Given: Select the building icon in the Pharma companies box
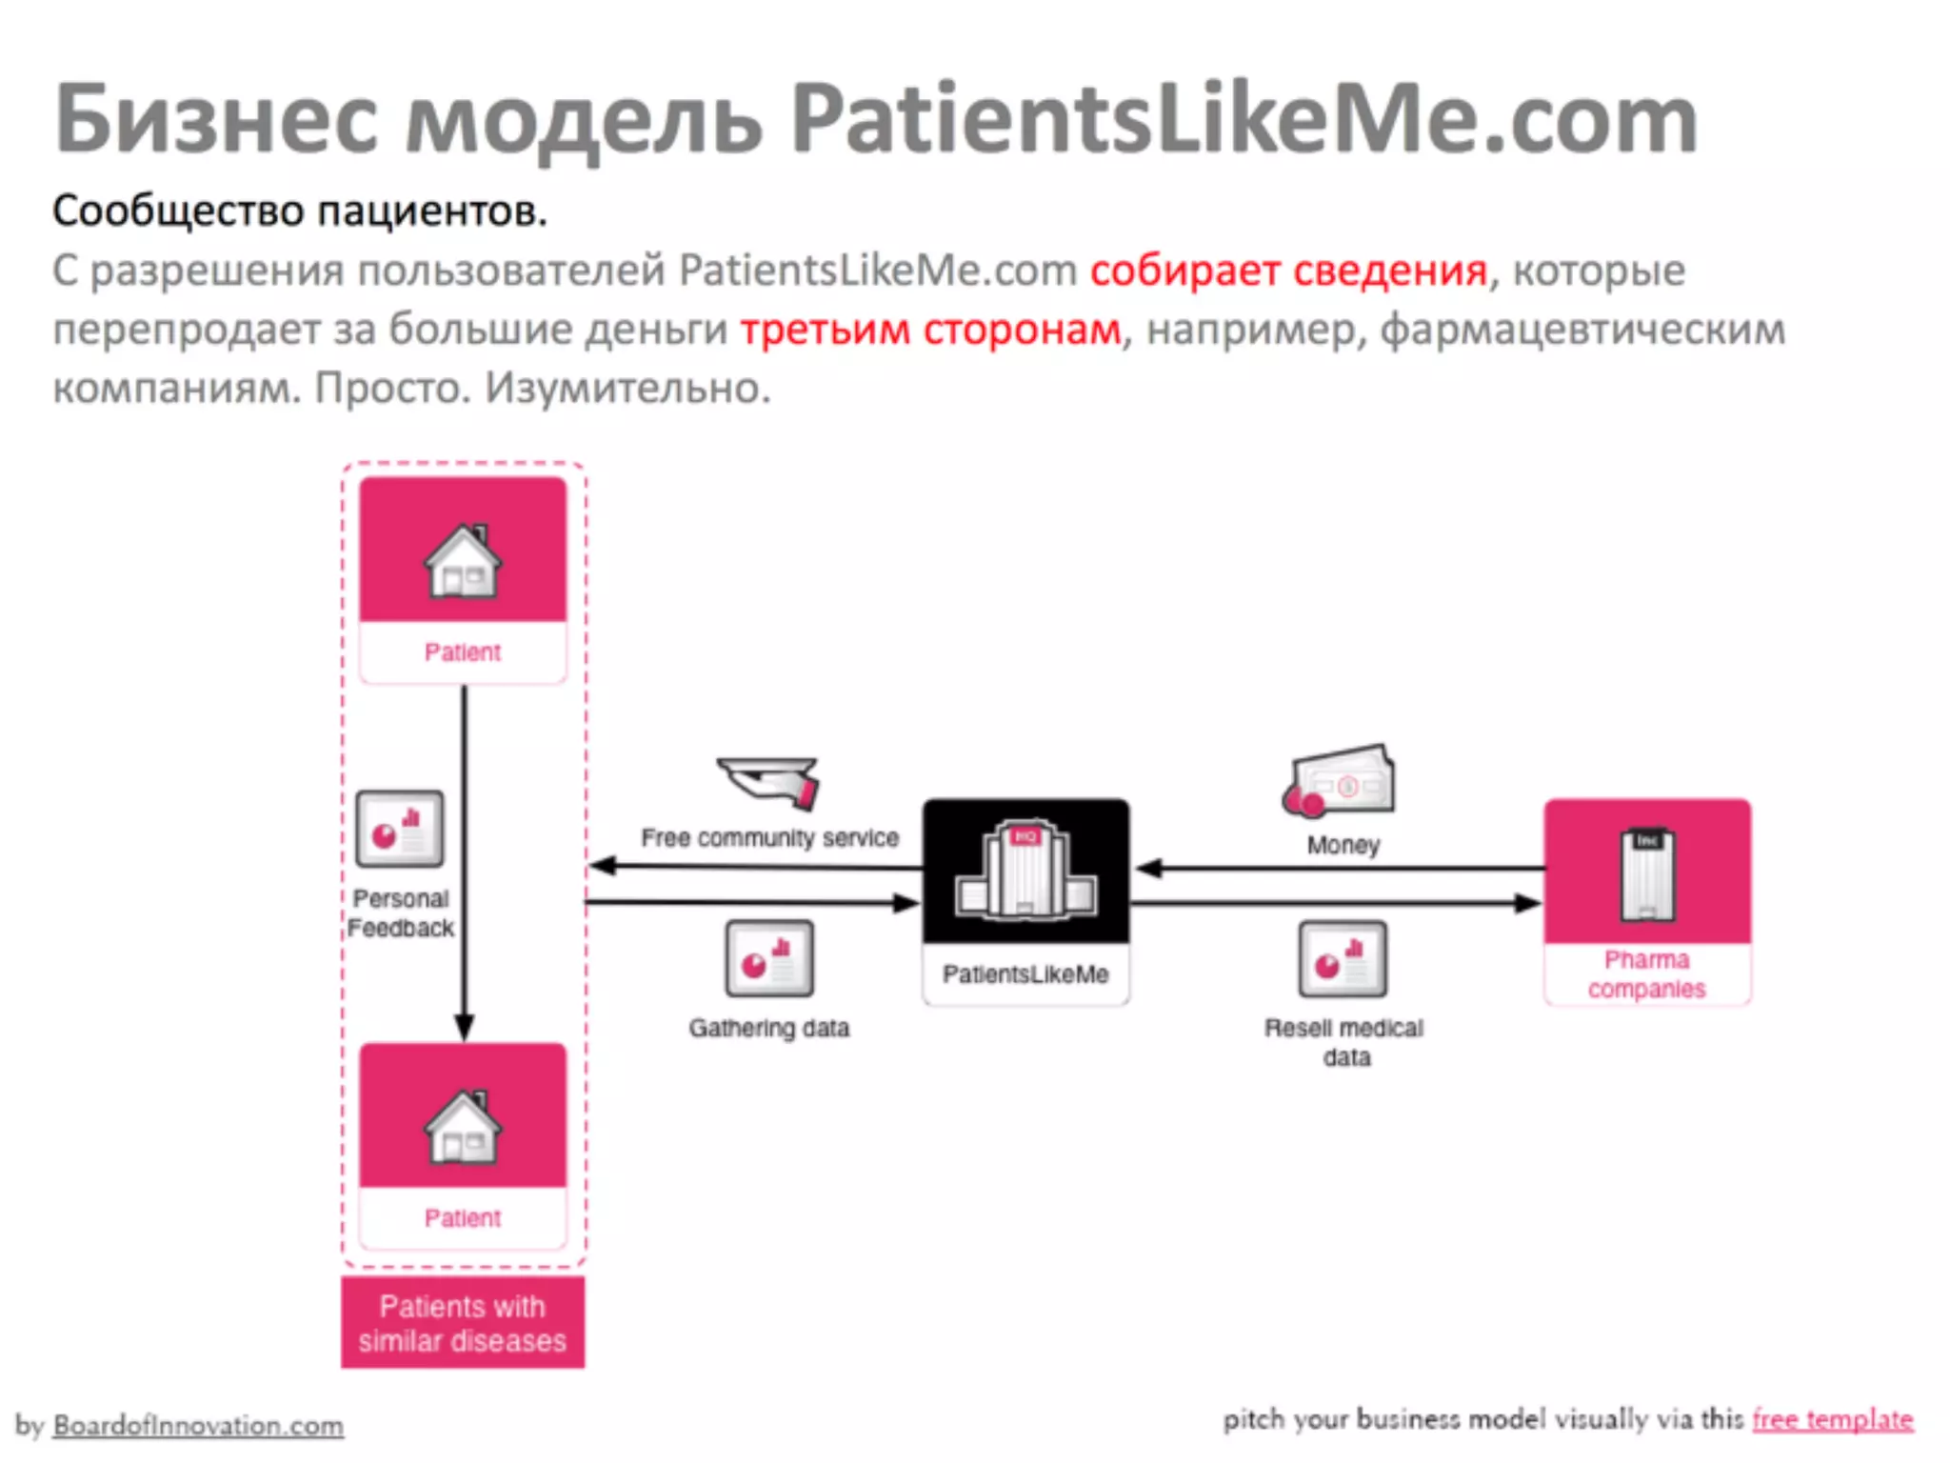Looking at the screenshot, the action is (1646, 874).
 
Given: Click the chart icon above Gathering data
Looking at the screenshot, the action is (769, 958).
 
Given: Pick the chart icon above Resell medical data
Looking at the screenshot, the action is (1343, 958).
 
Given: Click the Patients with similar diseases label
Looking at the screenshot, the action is (463, 1323).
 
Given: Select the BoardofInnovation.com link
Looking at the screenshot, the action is (198, 1426).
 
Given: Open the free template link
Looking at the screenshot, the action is (1832, 1420).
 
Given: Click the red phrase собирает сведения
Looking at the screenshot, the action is (1288, 271).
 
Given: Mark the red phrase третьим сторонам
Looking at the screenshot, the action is (930, 330).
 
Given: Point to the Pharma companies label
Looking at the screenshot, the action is (1646, 974).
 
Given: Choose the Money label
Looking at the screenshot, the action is (1343, 845).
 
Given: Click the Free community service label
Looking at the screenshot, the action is (769, 838).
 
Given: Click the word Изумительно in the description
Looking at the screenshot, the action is (627, 389).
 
